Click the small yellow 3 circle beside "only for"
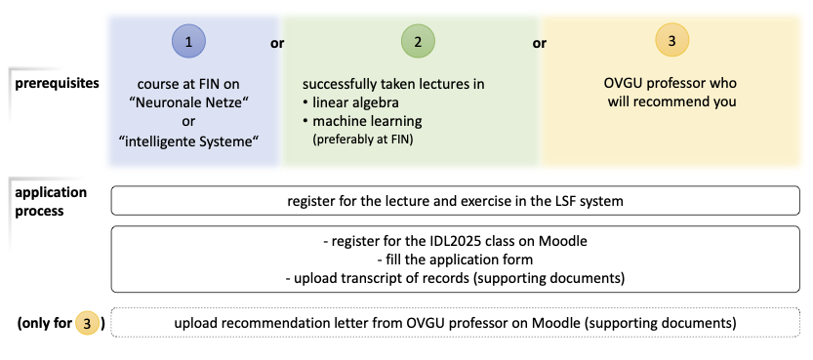point(91,322)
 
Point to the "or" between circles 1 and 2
point(277,43)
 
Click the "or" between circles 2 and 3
point(539,43)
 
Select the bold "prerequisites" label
point(57,83)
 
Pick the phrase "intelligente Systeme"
point(187,141)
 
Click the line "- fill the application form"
point(456,260)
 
